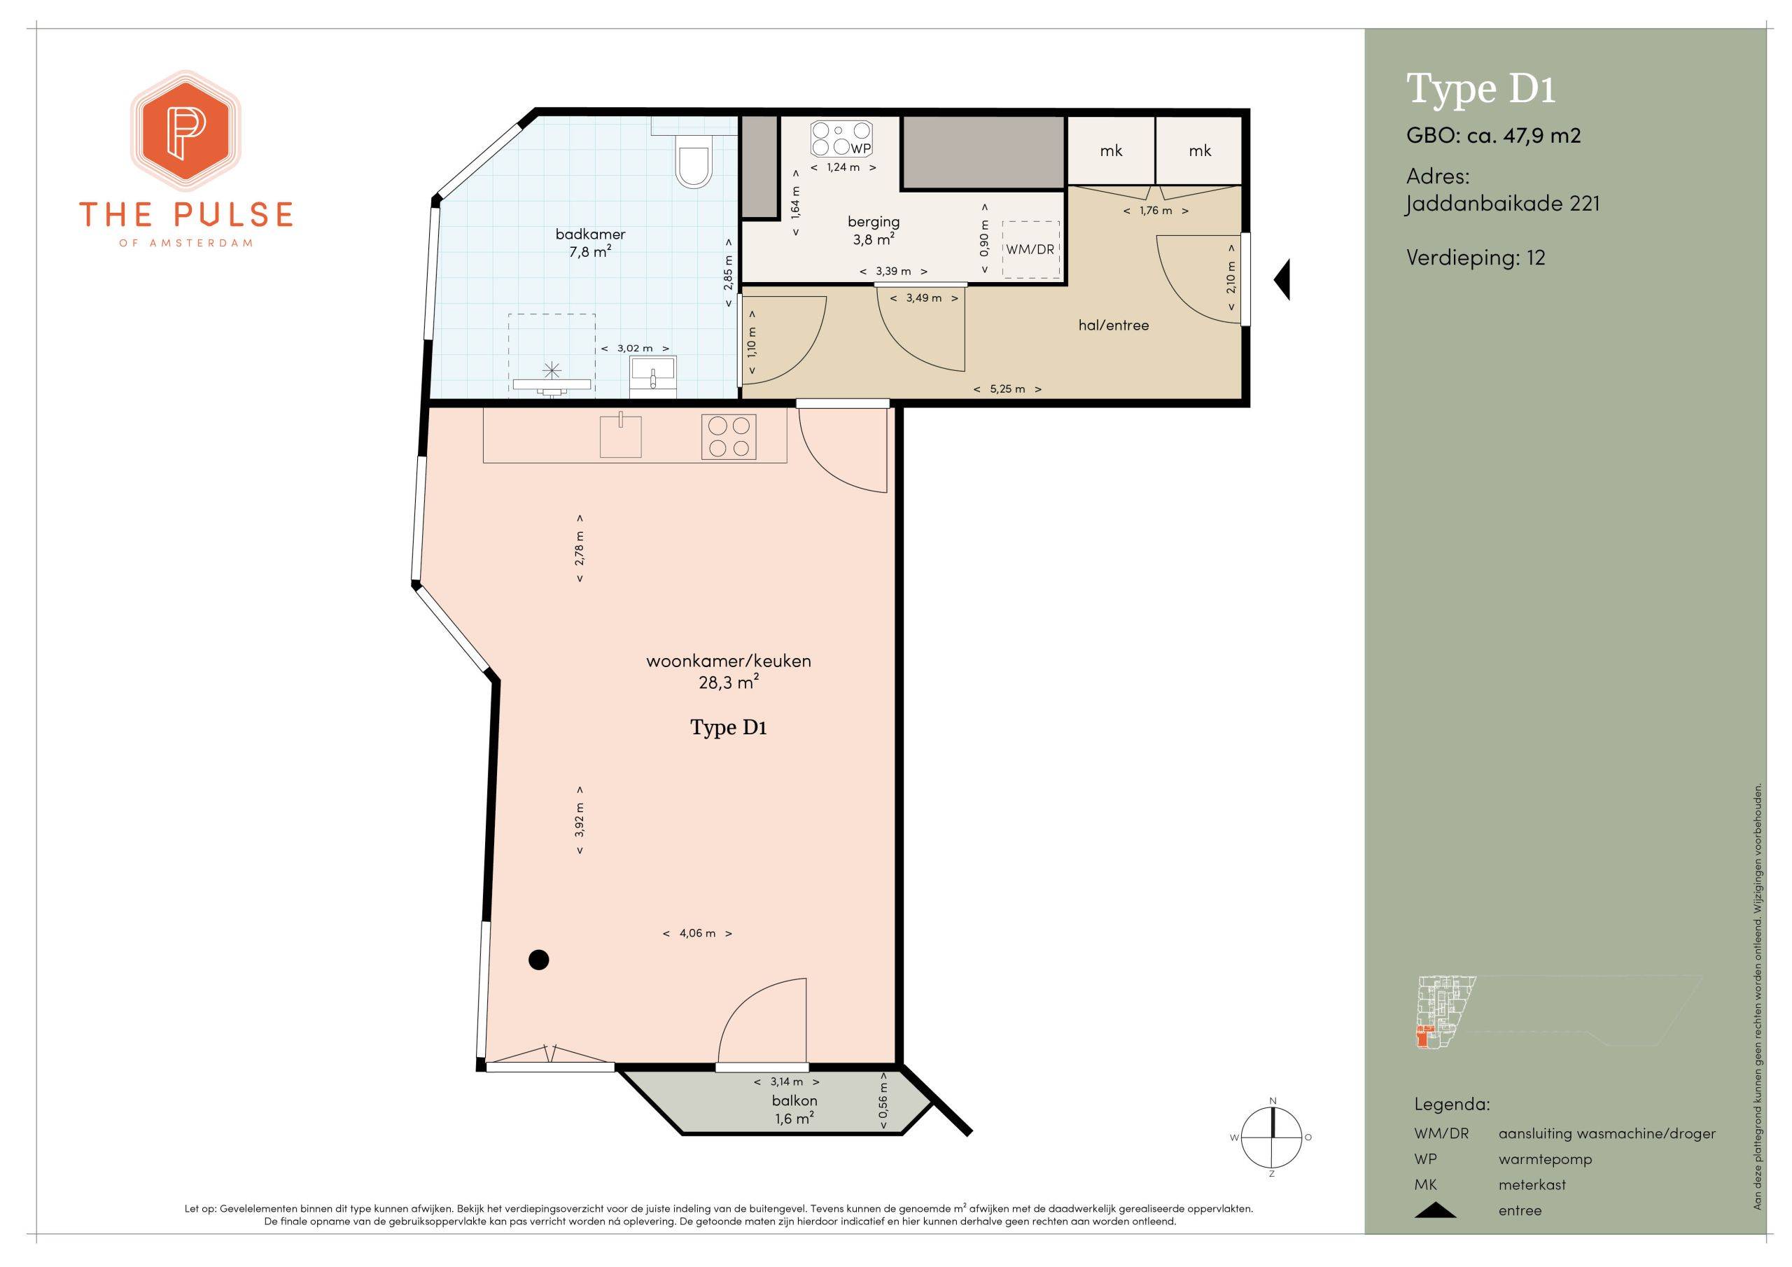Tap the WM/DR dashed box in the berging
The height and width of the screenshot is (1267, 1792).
[x=1031, y=250]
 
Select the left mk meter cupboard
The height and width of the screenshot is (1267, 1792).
[x=1111, y=150]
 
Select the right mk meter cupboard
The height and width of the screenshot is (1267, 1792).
[x=1200, y=150]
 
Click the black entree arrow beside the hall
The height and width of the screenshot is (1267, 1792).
[x=1282, y=279]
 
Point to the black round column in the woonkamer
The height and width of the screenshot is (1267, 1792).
[x=538, y=960]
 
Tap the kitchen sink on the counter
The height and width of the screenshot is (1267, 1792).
[x=620, y=435]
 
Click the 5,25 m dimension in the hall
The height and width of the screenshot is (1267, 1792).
[x=1007, y=388]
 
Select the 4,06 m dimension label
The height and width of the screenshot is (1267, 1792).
[x=697, y=933]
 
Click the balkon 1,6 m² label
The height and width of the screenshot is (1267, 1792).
[x=795, y=1109]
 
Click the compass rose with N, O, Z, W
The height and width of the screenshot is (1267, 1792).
[x=1272, y=1137]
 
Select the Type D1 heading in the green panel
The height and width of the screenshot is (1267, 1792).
[x=1480, y=89]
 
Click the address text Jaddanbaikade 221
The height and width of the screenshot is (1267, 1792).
[x=1502, y=204]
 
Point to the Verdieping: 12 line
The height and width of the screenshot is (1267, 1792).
[x=1476, y=258]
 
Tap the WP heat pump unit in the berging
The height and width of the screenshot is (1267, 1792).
[x=843, y=140]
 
